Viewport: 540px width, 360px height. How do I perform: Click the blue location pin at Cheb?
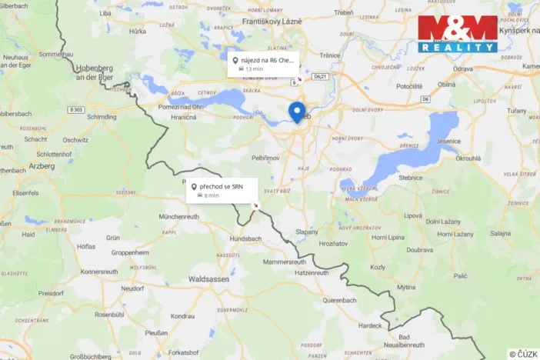296,112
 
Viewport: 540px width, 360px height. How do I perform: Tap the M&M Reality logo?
458,33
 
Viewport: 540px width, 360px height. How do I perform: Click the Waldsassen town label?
208,279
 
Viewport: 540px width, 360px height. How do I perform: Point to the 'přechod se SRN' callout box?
222,190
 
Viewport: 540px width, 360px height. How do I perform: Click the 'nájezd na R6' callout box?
264,64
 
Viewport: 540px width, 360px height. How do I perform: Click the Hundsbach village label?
246,239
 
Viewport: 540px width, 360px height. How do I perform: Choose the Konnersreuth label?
103,272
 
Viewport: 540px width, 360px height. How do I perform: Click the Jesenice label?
448,141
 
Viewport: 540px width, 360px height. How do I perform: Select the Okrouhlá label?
468,158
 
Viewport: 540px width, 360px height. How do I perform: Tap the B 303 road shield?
75,110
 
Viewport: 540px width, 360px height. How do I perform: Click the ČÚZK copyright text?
523,354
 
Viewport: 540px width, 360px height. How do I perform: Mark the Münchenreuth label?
179,217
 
